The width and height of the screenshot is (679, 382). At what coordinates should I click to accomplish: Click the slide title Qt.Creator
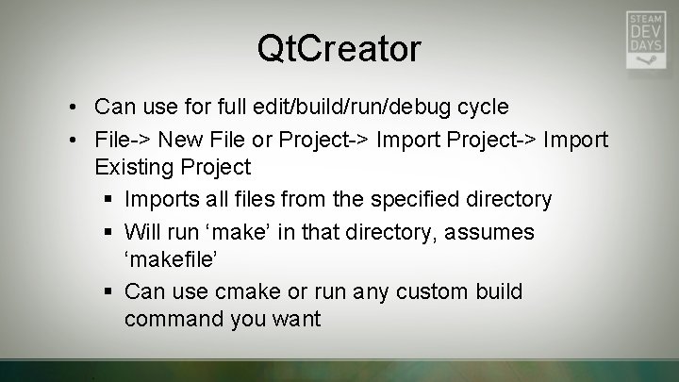[x=339, y=48]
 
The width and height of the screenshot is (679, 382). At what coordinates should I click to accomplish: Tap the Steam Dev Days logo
[x=645, y=40]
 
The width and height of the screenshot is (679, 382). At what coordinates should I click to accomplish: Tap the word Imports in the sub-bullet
[x=160, y=200]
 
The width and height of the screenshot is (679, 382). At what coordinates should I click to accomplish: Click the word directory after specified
[x=508, y=200]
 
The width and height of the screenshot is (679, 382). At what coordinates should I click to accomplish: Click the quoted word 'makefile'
[x=170, y=259]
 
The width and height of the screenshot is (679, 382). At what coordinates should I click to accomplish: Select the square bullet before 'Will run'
[x=109, y=233]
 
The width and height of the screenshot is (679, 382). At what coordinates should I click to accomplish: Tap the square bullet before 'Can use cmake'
[x=109, y=292]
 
